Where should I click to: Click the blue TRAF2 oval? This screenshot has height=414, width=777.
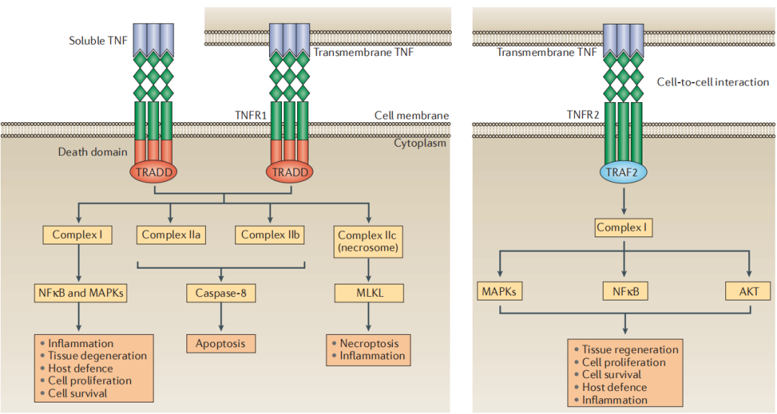(x=623, y=172)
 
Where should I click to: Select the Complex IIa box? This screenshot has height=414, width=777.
(x=171, y=235)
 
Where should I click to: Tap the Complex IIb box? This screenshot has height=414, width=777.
(x=270, y=235)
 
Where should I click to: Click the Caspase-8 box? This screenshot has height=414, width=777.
(x=220, y=293)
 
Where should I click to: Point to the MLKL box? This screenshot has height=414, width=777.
(x=369, y=293)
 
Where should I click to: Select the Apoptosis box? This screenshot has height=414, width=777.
(x=220, y=344)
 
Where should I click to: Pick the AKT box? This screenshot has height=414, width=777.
(x=749, y=292)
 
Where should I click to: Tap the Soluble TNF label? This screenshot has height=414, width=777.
(x=97, y=41)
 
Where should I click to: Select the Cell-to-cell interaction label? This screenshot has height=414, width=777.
(x=712, y=82)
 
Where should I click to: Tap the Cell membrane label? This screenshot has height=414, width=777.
(x=412, y=116)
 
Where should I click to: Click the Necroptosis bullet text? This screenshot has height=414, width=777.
(x=369, y=343)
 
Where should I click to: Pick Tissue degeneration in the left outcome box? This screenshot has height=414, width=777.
(x=97, y=356)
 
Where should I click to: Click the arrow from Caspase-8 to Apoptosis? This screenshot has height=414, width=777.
(x=220, y=318)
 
